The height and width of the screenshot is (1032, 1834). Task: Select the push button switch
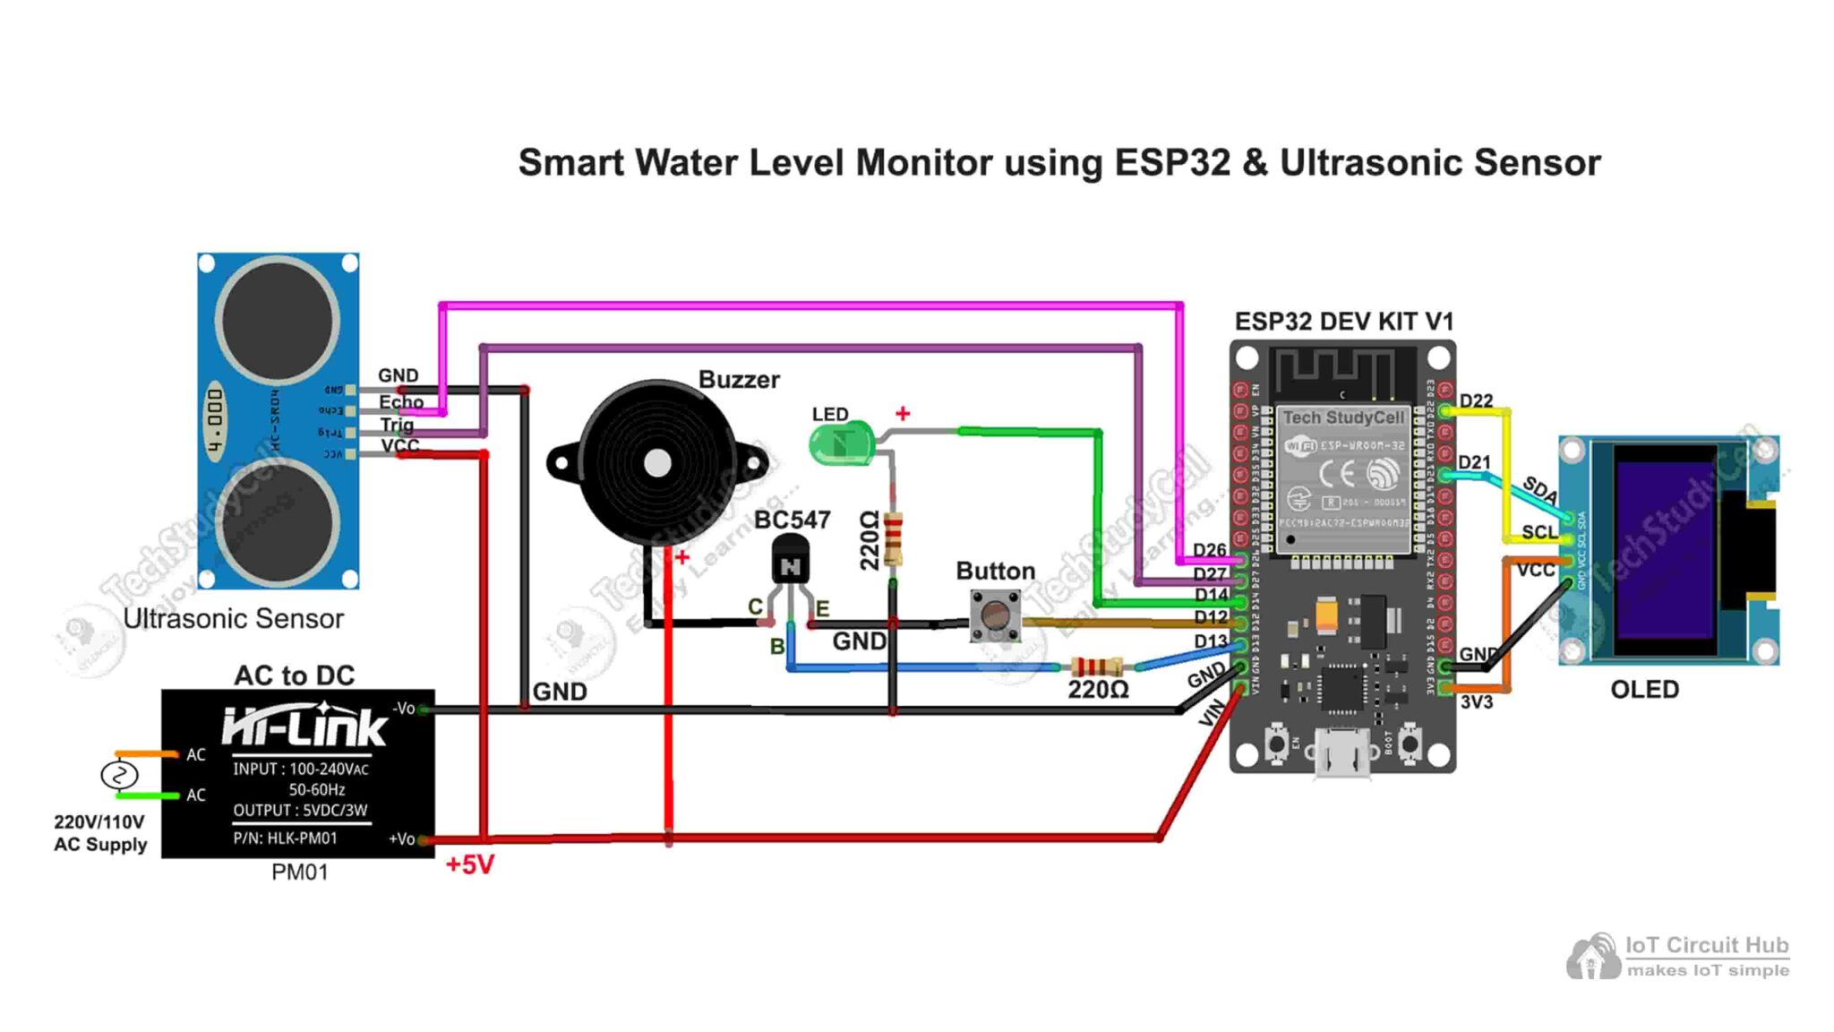[995, 615]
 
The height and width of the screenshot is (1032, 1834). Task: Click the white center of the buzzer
[658, 463]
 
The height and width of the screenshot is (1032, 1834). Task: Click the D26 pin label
[1209, 550]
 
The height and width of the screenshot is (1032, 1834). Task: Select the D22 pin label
[1476, 400]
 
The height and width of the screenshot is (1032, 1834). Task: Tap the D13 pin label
[1210, 641]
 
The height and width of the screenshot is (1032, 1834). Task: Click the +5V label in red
[469, 864]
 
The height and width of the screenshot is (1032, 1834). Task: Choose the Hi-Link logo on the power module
[304, 726]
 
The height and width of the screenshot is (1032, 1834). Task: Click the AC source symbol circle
[119, 775]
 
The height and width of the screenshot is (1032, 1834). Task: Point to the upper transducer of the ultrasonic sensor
[278, 320]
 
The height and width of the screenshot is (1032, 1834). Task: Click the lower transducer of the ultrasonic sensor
[278, 522]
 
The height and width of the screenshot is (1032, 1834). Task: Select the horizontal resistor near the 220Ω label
[1096, 666]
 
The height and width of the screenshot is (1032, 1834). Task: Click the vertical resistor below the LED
[893, 537]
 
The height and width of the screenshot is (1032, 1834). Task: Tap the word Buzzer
[739, 380]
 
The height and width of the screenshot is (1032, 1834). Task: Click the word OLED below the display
[1644, 689]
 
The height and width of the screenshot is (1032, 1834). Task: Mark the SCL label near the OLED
[1539, 532]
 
